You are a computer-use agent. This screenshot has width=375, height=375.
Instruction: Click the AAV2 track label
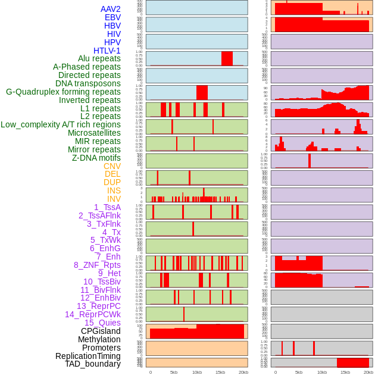(111, 9)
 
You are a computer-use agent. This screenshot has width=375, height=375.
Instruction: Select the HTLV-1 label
(107, 51)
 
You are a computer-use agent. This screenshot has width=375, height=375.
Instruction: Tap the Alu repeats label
(99, 58)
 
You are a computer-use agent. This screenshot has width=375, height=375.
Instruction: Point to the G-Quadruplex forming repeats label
(63, 92)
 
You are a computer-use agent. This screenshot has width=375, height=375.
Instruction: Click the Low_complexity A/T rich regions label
(61, 124)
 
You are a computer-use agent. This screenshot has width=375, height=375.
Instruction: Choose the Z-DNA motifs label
(96, 158)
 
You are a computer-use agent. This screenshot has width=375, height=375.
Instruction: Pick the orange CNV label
(112, 166)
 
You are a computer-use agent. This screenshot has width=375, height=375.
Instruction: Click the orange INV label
(114, 199)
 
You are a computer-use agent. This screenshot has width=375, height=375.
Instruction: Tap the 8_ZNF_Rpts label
(97, 265)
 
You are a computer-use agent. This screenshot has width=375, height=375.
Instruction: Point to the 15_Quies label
(102, 323)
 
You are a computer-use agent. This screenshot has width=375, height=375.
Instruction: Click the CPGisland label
(101, 331)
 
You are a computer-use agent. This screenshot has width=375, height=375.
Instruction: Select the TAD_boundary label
(93, 364)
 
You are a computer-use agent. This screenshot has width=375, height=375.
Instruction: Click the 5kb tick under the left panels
(174, 372)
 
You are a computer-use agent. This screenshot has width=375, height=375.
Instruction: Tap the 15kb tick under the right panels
(345, 372)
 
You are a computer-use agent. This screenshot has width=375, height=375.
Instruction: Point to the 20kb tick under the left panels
(243, 372)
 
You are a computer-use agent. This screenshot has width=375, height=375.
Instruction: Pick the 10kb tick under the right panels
(322, 372)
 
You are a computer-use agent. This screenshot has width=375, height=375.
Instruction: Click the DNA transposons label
(88, 83)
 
